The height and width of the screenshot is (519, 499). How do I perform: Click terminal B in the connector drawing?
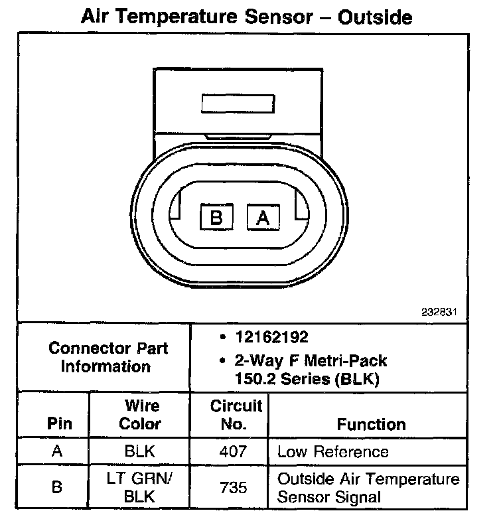point(216,217)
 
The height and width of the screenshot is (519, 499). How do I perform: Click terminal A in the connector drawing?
point(263,217)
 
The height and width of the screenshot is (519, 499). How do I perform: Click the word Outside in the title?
point(375,17)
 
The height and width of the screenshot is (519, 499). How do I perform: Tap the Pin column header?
point(57,423)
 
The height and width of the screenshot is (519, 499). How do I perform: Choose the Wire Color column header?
point(139,414)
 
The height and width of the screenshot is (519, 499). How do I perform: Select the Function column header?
point(371,423)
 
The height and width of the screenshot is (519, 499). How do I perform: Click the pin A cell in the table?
point(57,452)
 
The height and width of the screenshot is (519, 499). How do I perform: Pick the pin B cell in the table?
point(57,488)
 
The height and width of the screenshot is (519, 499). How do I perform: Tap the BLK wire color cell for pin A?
point(139,452)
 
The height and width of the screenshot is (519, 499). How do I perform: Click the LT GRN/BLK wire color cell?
point(139,488)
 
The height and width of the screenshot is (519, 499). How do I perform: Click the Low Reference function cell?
point(332,452)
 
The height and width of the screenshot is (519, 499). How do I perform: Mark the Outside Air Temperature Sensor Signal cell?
point(368,488)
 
